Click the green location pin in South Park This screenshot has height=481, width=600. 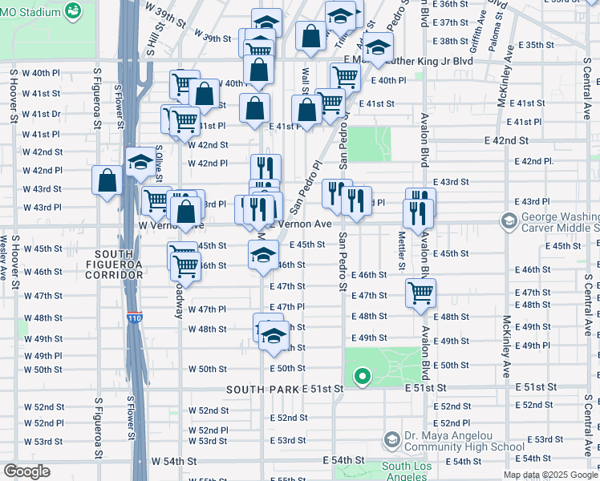pos(362,375)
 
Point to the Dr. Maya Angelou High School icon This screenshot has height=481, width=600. pos(391,439)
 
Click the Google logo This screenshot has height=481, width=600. pos(27,471)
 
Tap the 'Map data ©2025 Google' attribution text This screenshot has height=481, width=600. pos(549,475)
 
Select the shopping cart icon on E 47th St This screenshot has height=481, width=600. pos(420,293)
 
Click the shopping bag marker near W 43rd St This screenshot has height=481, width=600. pos(107,180)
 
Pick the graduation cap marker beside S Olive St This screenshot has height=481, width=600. pos(140,162)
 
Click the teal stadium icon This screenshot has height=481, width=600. pos(73,10)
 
